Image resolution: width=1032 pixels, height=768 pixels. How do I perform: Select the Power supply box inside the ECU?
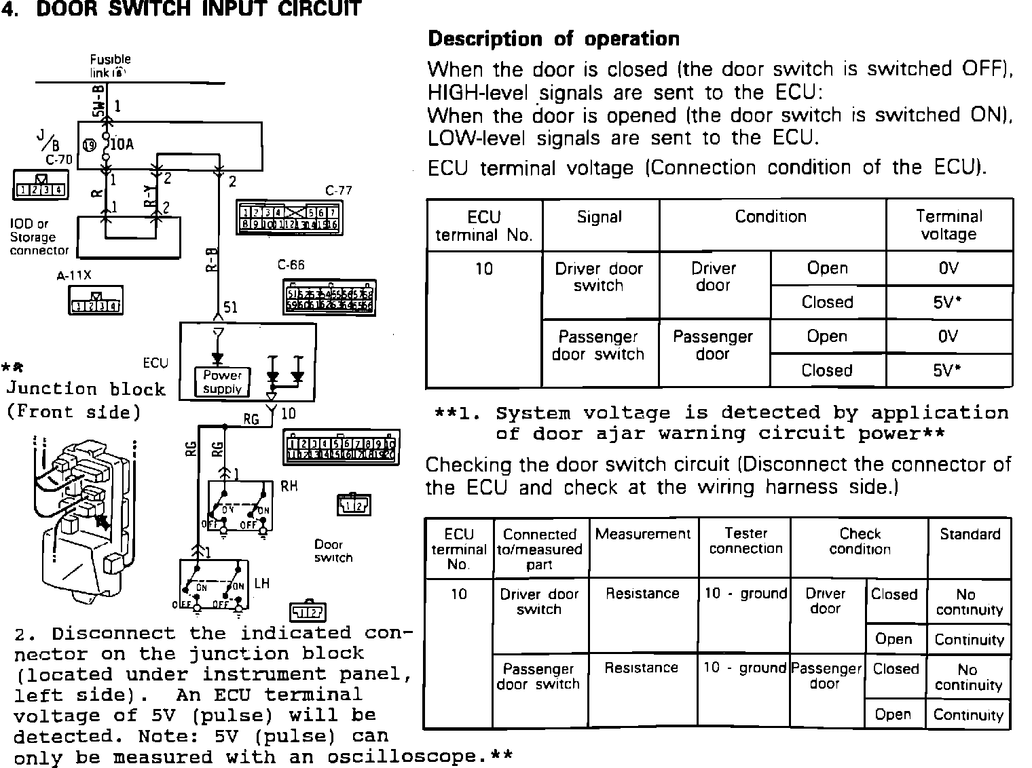click(222, 382)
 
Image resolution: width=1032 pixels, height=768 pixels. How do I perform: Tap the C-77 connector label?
click(338, 191)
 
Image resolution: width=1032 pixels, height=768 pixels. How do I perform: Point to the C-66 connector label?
click(291, 265)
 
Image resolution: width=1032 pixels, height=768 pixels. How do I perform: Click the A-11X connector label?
click(74, 276)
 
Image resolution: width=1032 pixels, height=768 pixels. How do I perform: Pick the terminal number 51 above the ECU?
click(231, 308)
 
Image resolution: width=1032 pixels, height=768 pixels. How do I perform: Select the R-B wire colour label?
click(212, 261)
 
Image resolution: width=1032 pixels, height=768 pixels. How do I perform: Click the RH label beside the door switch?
click(289, 486)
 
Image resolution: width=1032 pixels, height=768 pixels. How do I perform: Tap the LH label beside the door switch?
click(262, 583)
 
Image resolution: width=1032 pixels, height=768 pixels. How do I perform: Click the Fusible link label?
click(110, 66)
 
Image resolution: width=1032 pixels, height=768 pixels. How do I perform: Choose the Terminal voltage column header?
click(948, 225)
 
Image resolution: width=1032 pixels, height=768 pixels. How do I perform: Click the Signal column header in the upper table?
click(600, 217)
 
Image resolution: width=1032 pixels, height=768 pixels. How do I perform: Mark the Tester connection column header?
click(745, 541)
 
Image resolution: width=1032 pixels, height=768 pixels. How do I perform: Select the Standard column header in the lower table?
click(970, 535)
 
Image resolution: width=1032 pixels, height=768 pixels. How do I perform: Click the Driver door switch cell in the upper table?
click(598, 277)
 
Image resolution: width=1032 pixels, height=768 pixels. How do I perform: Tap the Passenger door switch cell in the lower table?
click(538, 676)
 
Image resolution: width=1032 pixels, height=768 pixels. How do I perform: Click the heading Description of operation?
click(553, 39)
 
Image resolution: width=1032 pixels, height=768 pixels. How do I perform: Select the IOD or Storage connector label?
click(39, 237)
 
